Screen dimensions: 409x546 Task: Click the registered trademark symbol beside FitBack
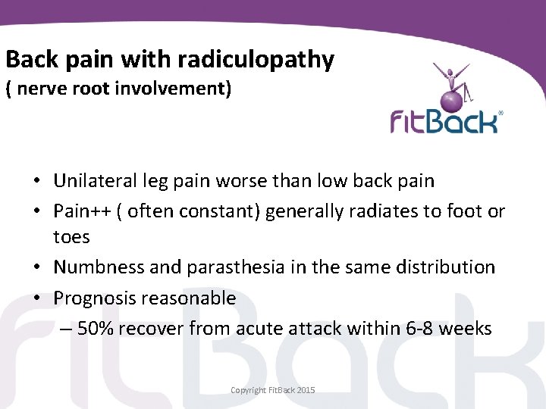500,113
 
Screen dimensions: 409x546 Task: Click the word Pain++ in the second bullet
82,211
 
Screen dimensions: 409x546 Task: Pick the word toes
71,237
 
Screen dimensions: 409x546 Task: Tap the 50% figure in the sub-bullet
96,329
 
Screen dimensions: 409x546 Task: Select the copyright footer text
273,390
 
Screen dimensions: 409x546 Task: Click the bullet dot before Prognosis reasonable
36,298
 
